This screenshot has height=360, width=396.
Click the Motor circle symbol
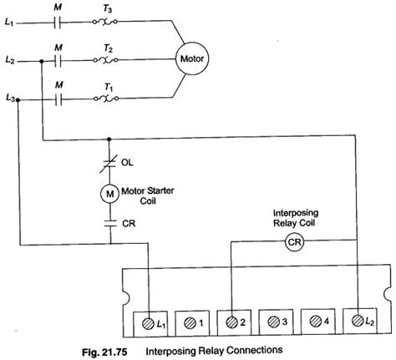[191, 60]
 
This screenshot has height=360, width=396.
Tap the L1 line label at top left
[10, 23]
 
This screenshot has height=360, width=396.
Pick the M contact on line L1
[57, 23]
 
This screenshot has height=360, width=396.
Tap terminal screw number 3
[273, 320]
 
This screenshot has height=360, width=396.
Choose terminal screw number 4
[315, 320]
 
